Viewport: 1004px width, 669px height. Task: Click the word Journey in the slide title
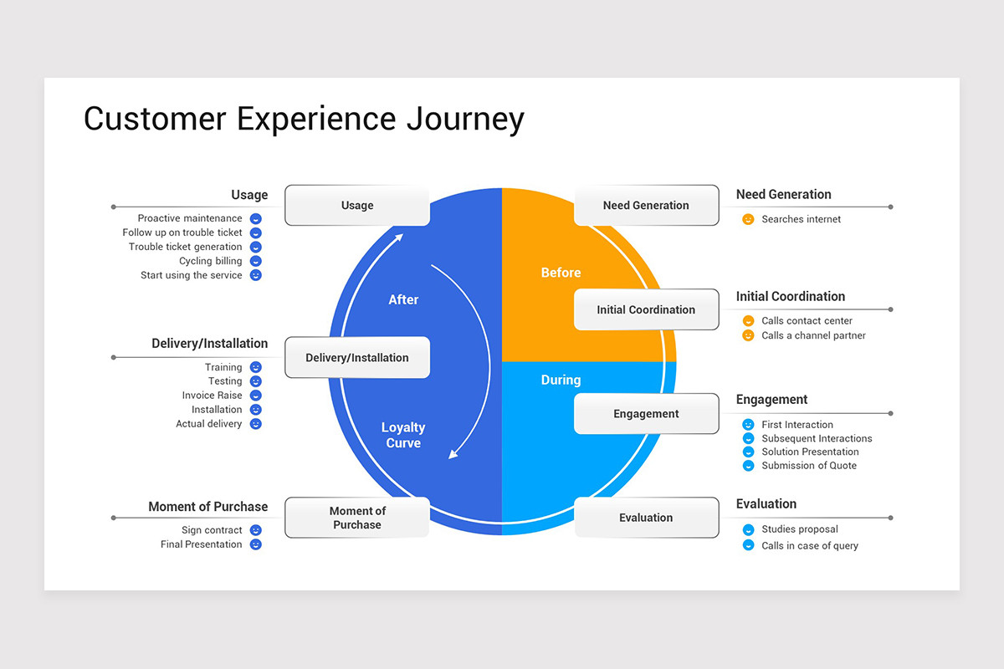465,119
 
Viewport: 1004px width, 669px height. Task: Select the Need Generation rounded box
646,206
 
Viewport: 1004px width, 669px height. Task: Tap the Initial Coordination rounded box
646,310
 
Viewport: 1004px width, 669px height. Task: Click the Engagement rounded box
646,414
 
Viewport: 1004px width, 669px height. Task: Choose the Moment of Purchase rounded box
357,518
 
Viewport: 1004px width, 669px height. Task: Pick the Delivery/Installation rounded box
357,358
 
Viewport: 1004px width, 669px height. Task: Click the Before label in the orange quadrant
561,273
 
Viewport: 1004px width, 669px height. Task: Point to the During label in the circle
561,380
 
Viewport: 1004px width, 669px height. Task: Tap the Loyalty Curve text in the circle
403,435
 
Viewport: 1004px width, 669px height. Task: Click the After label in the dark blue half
403,299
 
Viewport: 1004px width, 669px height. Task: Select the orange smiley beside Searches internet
748,219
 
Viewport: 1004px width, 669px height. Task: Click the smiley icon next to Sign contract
256,530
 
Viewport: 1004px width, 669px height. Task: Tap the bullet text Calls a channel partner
813,335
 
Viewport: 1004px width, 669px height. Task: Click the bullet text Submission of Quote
808,466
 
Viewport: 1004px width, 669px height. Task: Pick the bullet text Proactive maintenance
190,218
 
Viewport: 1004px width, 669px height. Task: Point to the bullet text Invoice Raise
212,396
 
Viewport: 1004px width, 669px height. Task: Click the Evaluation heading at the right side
766,503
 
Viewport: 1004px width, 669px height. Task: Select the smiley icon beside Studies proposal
748,529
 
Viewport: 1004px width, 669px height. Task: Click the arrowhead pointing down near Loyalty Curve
453,454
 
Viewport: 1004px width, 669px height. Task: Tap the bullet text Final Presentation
201,544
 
